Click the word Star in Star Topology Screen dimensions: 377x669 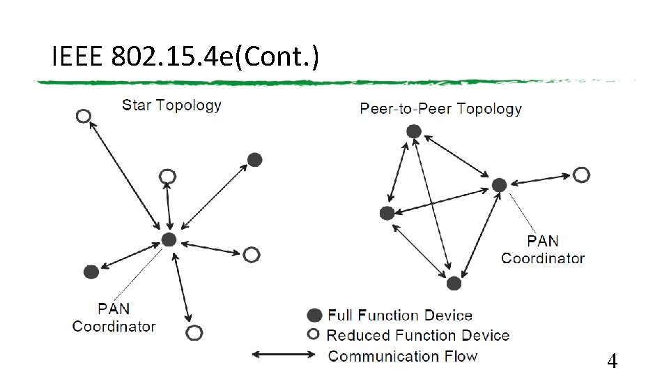click(x=137, y=105)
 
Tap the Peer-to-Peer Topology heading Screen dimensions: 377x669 click(x=440, y=108)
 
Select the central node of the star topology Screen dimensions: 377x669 click(x=169, y=240)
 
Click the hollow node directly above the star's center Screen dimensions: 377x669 click(x=167, y=176)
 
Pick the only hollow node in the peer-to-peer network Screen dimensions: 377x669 click(x=581, y=175)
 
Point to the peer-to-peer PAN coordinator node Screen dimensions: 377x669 click(x=499, y=185)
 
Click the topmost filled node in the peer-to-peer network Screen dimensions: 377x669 click(x=414, y=131)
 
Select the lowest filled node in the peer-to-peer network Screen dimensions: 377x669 click(x=454, y=283)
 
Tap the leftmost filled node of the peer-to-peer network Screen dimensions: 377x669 click(x=387, y=213)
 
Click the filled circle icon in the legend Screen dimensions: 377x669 click(x=315, y=316)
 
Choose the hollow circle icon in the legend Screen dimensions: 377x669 click(x=315, y=335)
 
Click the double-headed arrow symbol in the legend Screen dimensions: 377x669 click(x=284, y=355)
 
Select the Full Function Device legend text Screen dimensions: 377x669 click(x=400, y=316)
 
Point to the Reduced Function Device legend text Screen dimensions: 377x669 click(x=418, y=336)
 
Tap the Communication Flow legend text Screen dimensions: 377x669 click(x=403, y=356)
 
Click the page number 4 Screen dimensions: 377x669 click(x=612, y=361)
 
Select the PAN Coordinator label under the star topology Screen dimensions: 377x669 click(x=114, y=317)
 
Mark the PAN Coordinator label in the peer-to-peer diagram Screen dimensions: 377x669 click(x=543, y=249)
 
